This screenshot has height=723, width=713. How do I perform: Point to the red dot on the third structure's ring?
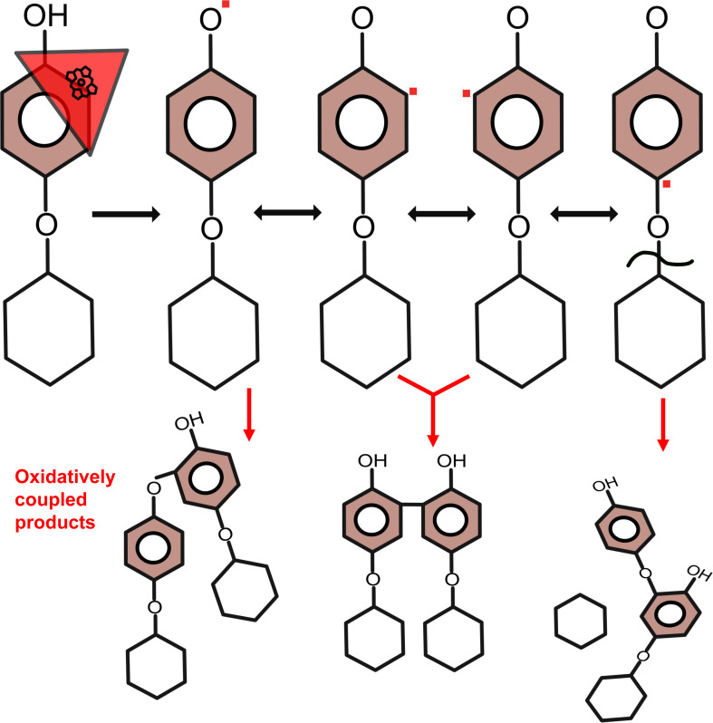[x=412, y=92]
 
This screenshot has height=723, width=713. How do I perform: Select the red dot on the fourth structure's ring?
[x=466, y=92]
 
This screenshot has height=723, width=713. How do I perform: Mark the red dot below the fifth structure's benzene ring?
[x=666, y=184]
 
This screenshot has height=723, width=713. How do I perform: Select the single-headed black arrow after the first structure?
[x=126, y=215]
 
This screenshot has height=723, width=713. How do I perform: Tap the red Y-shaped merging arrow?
[x=433, y=399]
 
